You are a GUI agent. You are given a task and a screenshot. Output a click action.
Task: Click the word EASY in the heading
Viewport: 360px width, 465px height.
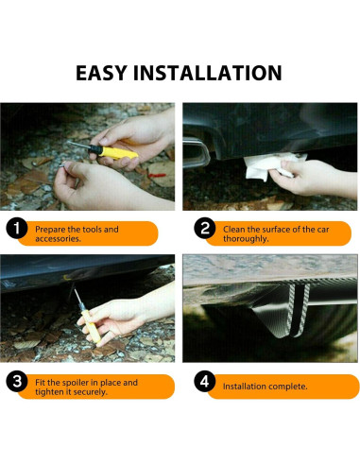coord(101,73)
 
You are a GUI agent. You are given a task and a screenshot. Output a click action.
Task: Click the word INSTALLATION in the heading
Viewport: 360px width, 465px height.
coord(208,73)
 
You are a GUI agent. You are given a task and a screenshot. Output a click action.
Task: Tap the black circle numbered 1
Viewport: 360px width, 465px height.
coord(16,229)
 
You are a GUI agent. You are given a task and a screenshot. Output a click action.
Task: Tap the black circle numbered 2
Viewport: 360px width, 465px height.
coord(205,229)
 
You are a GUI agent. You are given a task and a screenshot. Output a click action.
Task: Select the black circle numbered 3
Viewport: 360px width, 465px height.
coord(17,382)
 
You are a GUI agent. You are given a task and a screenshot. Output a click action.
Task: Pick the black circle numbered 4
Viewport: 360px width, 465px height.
coord(205,381)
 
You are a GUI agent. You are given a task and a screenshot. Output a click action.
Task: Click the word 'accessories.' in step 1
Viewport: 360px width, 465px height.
coord(58,239)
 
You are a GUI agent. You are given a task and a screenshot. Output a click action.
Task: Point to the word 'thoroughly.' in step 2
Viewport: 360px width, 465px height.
coord(246,239)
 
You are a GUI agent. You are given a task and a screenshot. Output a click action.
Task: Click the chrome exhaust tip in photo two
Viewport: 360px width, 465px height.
coord(196,152)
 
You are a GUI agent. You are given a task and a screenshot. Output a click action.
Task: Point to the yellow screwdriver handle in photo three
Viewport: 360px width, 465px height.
coord(91,326)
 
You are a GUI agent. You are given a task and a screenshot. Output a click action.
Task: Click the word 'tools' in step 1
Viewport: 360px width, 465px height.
coord(92,230)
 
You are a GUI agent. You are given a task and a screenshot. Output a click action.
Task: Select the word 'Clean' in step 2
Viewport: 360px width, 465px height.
coord(234,230)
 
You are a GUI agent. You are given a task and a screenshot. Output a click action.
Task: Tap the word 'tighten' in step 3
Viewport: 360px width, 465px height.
coord(49,392)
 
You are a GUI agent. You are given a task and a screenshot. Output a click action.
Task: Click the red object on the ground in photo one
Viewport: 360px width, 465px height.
coord(157,175)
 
